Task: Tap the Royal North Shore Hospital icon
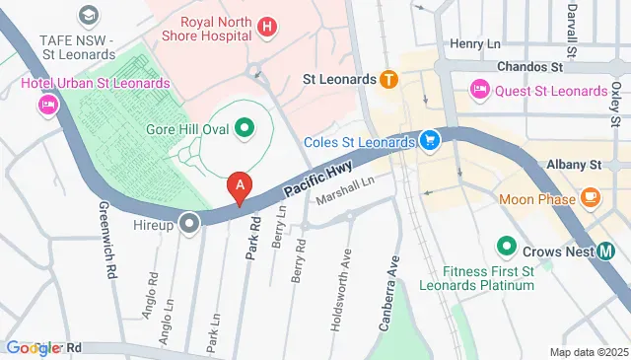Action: point(265,26)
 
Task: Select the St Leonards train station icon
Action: point(389,79)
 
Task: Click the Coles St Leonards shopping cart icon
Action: point(429,141)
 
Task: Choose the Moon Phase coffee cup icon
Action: point(592,198)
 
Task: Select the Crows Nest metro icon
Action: point(606,250)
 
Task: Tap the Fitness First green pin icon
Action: point(507,244)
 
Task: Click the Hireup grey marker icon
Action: point(188,224)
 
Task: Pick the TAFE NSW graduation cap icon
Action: point(88,15)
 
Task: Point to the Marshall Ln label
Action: point(345,191)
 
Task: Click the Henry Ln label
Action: point(477,43)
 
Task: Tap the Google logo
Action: point(32,348)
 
